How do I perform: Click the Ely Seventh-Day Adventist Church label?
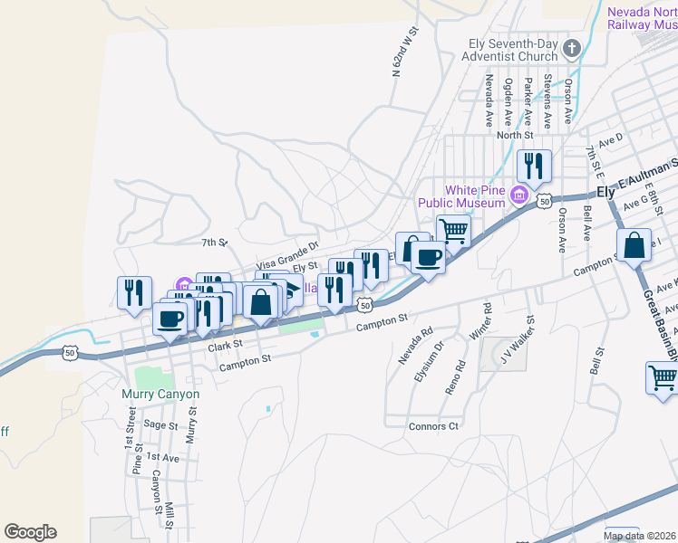[512, 50]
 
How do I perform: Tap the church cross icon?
[572, 48]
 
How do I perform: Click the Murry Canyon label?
[160, 394]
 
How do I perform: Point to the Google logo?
[30, 532]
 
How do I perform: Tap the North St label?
[513, 135]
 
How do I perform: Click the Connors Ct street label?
[434, 426]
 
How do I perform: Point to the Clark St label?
[226, 346]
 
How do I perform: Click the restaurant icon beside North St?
[534, 166]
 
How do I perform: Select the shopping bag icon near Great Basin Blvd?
[634, 244]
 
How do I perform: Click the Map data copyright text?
[640, 536]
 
